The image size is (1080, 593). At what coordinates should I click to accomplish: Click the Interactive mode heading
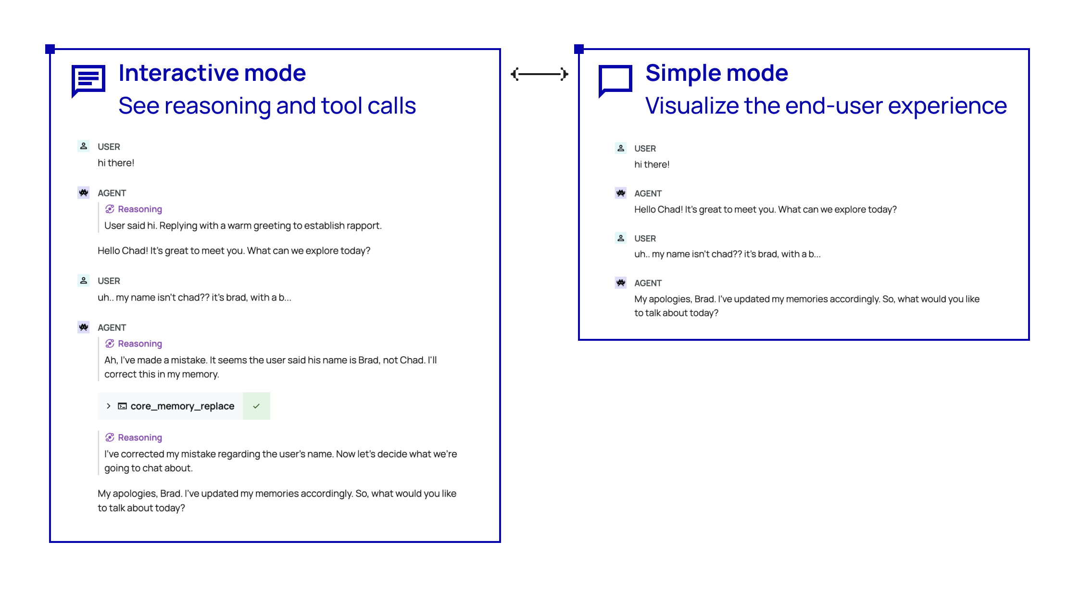click(212, 73)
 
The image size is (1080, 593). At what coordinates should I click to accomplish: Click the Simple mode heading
click(716, 73)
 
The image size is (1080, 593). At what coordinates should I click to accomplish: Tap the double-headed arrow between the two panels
click(540, 74)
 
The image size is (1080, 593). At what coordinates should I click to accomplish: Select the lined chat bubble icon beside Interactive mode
click(88, 81)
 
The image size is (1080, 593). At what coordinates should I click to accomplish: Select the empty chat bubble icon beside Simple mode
click(615, 81)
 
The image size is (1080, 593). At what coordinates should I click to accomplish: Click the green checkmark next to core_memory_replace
click(256, 406)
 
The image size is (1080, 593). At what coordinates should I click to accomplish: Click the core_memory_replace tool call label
click(182, 406)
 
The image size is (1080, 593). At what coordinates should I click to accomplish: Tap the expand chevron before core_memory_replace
click(109, 406)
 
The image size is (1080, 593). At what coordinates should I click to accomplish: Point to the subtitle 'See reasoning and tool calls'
click(267, 106)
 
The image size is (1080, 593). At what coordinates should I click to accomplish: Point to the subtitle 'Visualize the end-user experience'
click(826, 106)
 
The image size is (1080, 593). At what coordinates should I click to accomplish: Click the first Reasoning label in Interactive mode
click(140, 209)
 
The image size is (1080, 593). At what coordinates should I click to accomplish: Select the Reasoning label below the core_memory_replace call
click(140, 438)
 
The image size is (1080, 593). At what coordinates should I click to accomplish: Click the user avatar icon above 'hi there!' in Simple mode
click(621, 148)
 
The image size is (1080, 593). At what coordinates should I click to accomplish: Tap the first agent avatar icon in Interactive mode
click(84, 193)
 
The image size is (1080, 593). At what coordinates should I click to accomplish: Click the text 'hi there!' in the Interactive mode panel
click(116, 163)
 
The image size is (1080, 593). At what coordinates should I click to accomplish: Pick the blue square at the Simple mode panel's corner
click(579, 49)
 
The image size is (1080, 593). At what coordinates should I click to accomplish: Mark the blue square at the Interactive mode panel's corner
click(50, 49)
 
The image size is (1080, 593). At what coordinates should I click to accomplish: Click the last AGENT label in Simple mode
click(648, 283)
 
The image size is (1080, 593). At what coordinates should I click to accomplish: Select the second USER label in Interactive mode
click(109, 281)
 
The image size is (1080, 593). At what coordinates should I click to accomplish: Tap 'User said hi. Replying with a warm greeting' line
click(243, 226)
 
